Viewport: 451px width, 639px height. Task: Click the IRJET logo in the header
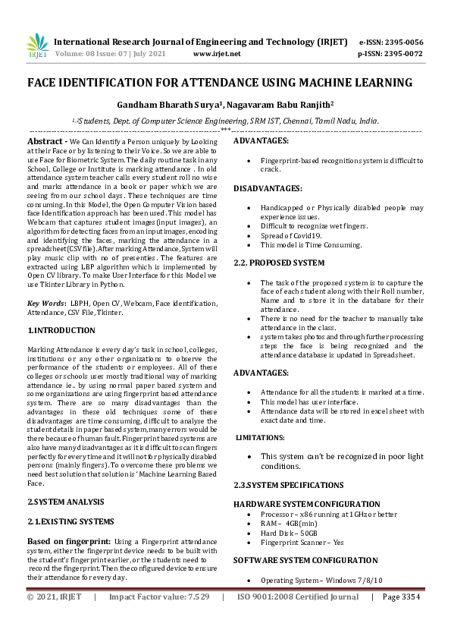pos(37,46)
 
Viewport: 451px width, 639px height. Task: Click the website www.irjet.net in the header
pos(217,54)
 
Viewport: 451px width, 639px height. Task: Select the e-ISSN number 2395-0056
pos(402,42)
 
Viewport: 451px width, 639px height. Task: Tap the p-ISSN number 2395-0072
pos(402,54)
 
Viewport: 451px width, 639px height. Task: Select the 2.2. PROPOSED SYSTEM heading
pos(279,263)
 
